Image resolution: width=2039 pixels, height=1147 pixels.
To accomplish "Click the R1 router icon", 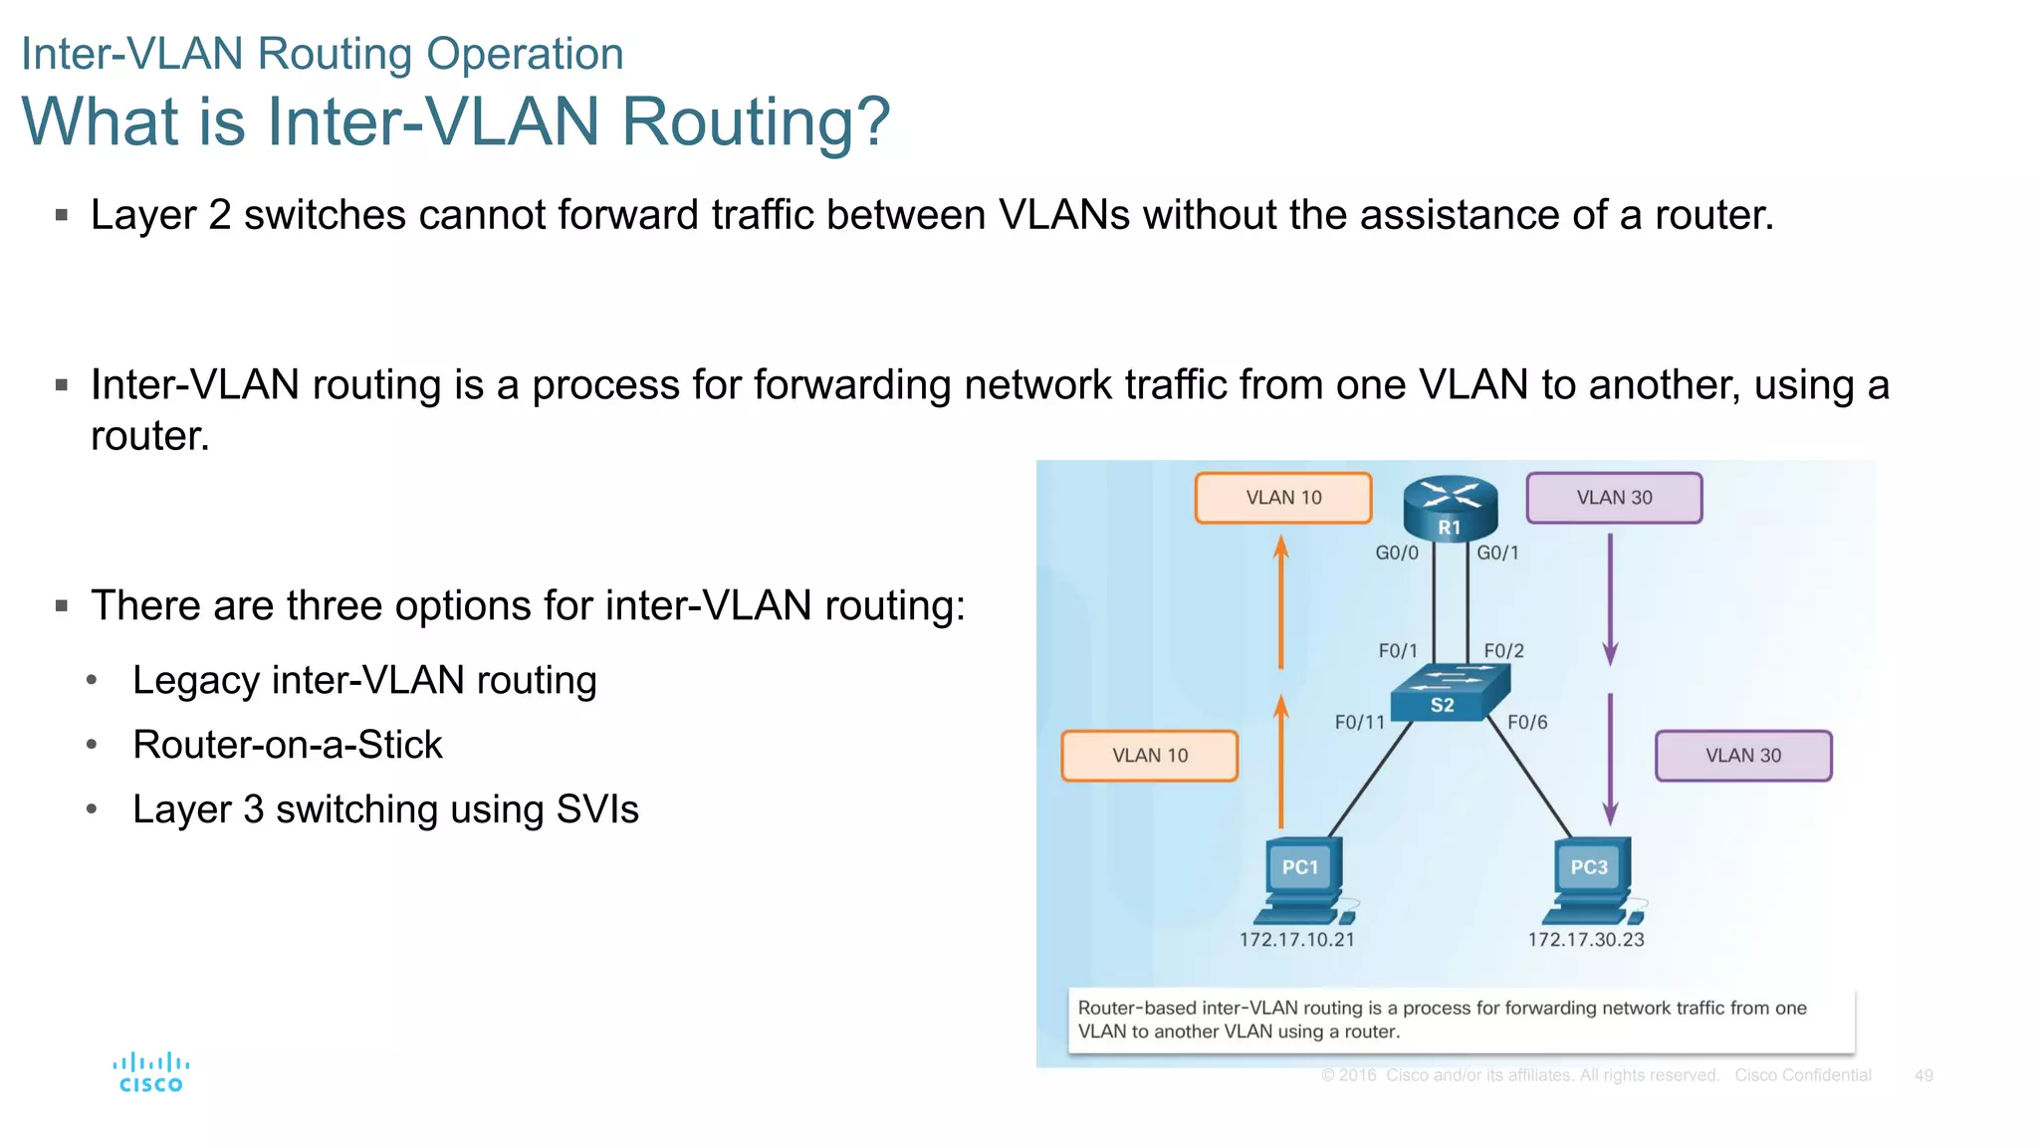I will tap(1450, 508).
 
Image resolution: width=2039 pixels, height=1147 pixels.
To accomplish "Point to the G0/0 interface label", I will tap(1396, 553).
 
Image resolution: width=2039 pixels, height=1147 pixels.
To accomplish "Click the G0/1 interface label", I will tap(1497, 553).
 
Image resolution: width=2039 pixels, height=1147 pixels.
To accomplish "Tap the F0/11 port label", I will tap(1359, 722).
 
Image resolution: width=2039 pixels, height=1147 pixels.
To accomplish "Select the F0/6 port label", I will tap(1527, 722).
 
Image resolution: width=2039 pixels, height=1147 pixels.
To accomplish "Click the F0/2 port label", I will tap(1503, 651).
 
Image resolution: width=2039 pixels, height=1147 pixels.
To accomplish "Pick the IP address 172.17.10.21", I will tap(1296, 939).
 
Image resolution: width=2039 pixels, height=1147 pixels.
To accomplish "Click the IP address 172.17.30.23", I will tap(1586, 939).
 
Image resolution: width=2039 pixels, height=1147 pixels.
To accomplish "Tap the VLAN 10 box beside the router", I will tap(1283, 498).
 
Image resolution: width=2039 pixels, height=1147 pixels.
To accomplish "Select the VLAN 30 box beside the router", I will tap(1614, 498).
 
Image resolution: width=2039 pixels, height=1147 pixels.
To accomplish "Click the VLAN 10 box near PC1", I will tap(1150, 756).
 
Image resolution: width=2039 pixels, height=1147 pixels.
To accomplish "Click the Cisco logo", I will tap(151, 1072).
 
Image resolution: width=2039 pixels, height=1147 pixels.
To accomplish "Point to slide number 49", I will tap(1924, 1075).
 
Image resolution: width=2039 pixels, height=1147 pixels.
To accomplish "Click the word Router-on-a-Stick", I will tap(288, 745).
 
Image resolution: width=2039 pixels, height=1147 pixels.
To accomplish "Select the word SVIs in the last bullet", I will tap(597, 809).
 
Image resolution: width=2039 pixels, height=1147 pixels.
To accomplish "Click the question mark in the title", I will tap(871, 121).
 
